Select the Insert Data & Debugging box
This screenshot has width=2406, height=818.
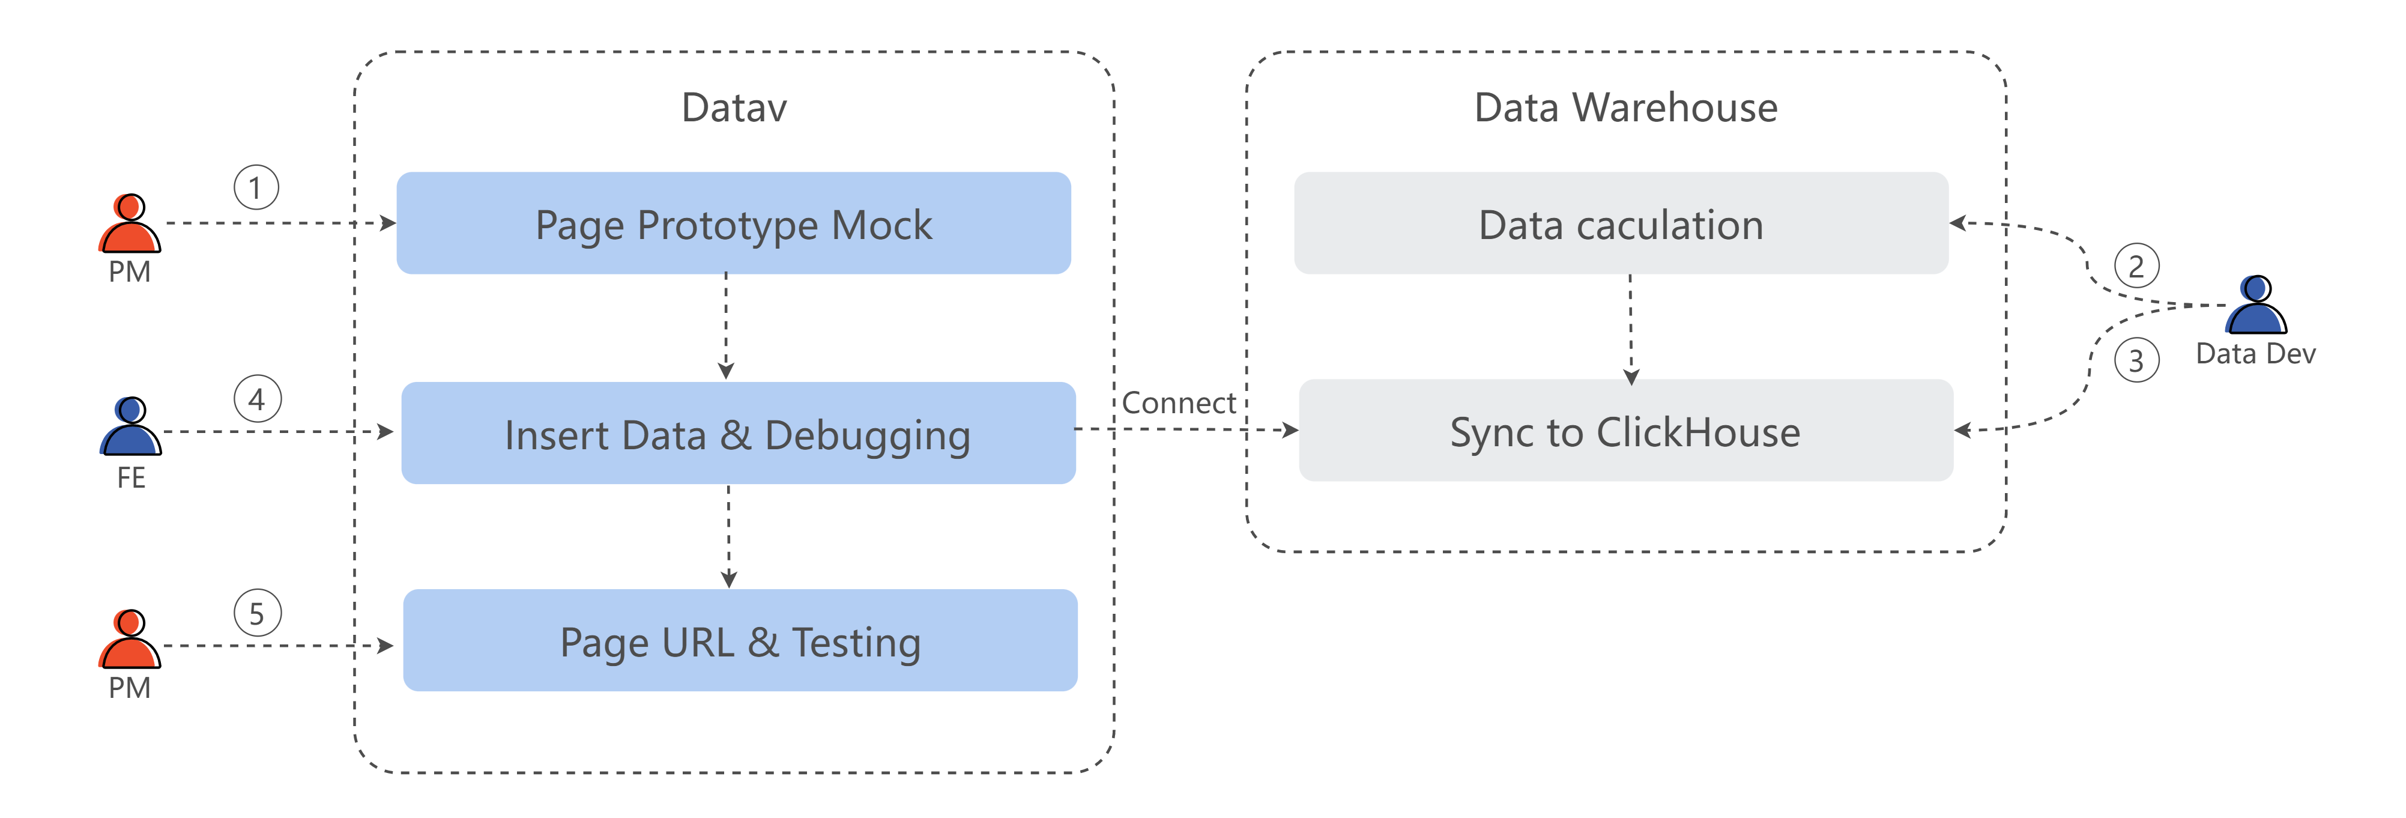[x=738, y=433]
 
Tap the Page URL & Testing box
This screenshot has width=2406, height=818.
[x=740, y=641]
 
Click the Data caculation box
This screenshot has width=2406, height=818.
[x=1621, y=223]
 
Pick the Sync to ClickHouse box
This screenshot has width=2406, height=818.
[x=1625, y=431]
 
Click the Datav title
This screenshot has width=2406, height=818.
[x=734, y=108]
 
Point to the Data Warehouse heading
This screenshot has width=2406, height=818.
[x=1626, y=108]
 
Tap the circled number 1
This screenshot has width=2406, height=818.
[x=256, y=188]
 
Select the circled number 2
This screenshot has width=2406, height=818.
[x=2136, y=266]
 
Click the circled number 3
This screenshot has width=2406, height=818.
[x=2136, y=360]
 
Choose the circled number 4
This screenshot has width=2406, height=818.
[x=257, y=399]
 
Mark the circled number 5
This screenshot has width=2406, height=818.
[x=257, y=614]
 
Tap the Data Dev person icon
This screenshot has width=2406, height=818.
[x=2256, y=304]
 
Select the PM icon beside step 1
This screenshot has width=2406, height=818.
[x=130, y=223]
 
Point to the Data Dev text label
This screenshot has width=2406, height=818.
[x=2256, y=354]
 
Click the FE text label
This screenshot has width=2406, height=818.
[x=131, y=478]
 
